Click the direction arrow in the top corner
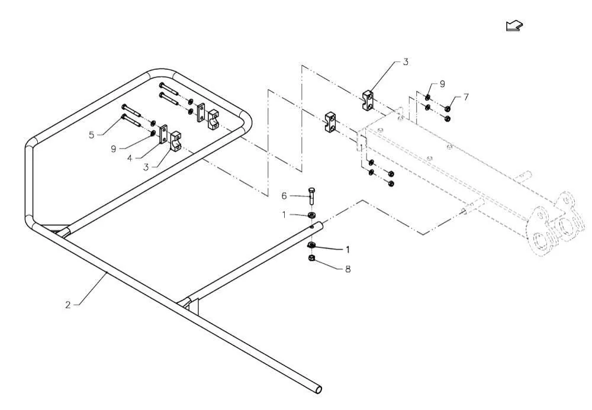514,25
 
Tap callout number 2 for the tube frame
68,305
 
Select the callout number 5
92,135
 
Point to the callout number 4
130,159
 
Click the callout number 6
284,196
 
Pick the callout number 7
466,97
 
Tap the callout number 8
348,269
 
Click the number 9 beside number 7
442,84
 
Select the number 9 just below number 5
113,149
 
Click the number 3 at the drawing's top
406,62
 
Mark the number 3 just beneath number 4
146,167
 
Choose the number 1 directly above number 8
348,249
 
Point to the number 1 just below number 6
284,215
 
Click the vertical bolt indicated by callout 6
311,196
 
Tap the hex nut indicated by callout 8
311,259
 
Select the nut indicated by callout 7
448,109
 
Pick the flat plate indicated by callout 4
163,134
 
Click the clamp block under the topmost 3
369,101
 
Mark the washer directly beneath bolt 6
312,215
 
